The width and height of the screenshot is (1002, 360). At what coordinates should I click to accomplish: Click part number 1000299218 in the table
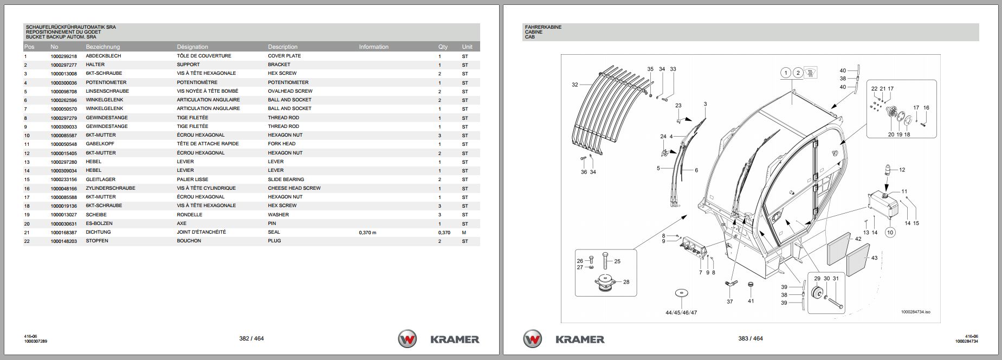point(63,56)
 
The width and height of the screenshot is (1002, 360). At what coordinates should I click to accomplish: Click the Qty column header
point(443,47)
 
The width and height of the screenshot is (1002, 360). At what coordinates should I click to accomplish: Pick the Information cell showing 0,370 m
point(367,233)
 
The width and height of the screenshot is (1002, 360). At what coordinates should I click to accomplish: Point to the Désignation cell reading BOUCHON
point(189,241)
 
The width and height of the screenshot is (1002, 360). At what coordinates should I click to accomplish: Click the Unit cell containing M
point(464,233)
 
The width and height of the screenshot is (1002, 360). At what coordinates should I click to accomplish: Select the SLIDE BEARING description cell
point(286,179)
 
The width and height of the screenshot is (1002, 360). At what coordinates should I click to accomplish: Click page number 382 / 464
point(251,339)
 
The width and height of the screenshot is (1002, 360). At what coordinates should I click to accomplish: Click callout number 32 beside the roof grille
point(575,85)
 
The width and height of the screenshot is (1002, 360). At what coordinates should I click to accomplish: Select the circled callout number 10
point(890,233)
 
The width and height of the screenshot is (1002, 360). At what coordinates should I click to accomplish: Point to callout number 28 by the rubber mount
point(626,282)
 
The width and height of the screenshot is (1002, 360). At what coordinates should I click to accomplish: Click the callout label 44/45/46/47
point(681,312)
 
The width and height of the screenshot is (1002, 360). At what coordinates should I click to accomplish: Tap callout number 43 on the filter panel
point(874,258)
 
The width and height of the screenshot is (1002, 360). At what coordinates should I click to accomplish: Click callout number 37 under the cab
point(729,301)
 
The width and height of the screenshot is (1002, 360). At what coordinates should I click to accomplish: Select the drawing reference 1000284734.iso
point(915,312)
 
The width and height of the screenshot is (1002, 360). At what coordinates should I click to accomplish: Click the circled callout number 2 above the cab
point(798,73)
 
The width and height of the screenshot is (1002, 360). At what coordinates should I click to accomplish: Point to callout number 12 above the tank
point(902,170)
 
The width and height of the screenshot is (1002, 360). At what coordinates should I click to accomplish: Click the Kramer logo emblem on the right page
point(533,339)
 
